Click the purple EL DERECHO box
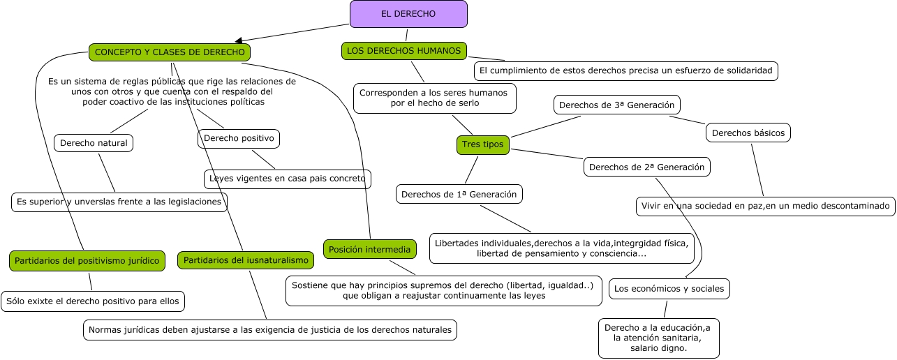tap(408, 14)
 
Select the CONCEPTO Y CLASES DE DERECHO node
tap(170, 52)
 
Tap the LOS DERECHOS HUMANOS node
tap(404, 51)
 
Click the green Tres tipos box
tap(482, 144)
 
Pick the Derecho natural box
tap(94, 143)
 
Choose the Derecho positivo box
tap(239, 138)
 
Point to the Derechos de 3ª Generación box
tap(616, 105)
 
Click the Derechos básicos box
tap(748, 133)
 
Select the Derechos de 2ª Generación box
tap(647, 167)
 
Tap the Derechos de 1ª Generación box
tap(459, 195)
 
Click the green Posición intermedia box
tap(370, 249)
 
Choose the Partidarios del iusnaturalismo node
tap(246, 260)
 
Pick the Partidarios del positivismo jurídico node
tap(87, 261)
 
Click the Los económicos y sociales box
tap(669, 289)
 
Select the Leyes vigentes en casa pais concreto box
tap(287, 179)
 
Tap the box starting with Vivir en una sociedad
tap(765, 207)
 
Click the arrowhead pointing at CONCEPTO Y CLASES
tap(239, 41)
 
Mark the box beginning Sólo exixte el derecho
tap(93, 301)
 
